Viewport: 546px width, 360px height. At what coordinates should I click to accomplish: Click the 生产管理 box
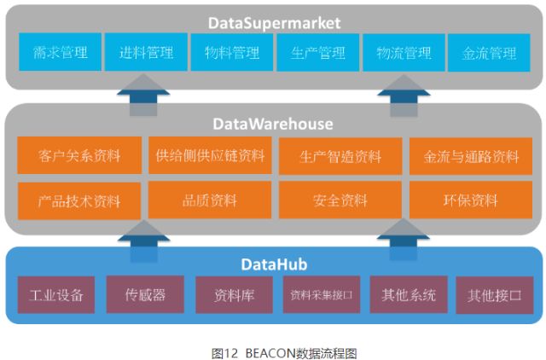coord(317,53)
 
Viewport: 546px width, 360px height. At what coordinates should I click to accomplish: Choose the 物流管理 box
coord(404,53)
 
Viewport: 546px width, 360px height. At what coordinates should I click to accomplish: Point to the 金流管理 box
coord(490,53)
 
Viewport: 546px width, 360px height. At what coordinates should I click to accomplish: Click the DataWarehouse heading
coord(273,125)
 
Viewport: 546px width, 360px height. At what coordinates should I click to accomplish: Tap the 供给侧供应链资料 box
coord(210,156)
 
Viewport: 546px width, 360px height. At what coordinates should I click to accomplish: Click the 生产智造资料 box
coord(340,156)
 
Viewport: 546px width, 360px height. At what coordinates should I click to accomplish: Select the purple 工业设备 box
coord(56,295)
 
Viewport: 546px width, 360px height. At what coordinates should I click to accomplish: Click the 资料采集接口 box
coord(321,295)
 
